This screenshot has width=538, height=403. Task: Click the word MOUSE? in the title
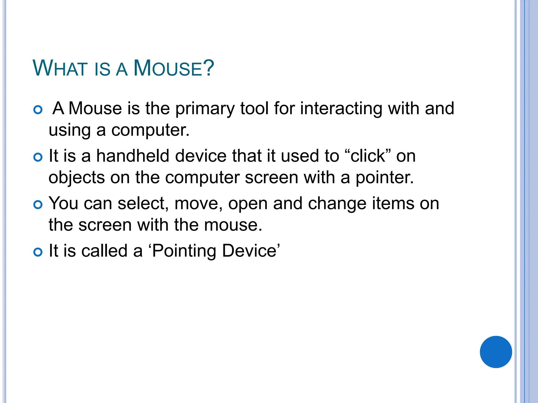pyautogui.click(x=174, y=68)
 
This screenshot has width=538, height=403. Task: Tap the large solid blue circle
pyautogui.click(x=496, y=352)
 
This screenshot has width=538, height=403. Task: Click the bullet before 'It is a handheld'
pyautogui.click(x=38, y=157)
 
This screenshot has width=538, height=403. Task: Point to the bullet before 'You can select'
pyautogui.click(x=38, y=205)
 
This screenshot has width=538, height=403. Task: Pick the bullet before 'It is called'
pyautogui.click(x=38, y=252)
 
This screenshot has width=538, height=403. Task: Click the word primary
pyautogui.click(x=205, y=109)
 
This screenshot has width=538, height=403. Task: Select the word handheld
pyautogui.click(x=132, y=156)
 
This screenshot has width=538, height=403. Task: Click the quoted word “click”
pyautogui.click(x=368, y=156)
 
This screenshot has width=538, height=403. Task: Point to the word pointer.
pyautogui.click(x=385, y=178)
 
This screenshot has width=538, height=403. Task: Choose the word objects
pyautogui.click(x=77, y=178)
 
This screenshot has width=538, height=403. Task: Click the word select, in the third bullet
pyautogui.click(x=143, y=204)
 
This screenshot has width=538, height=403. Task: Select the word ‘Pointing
pyautogui.click(x=182, y=251)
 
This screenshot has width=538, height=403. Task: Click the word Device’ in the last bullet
pyautogui.click(x=251, y=251)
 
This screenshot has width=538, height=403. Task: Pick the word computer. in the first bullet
pyautogui.click(x=150, y=130)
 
